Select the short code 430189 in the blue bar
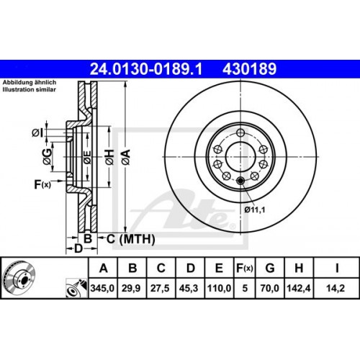[x=240, y=71]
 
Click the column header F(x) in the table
[x=244, y=269]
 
